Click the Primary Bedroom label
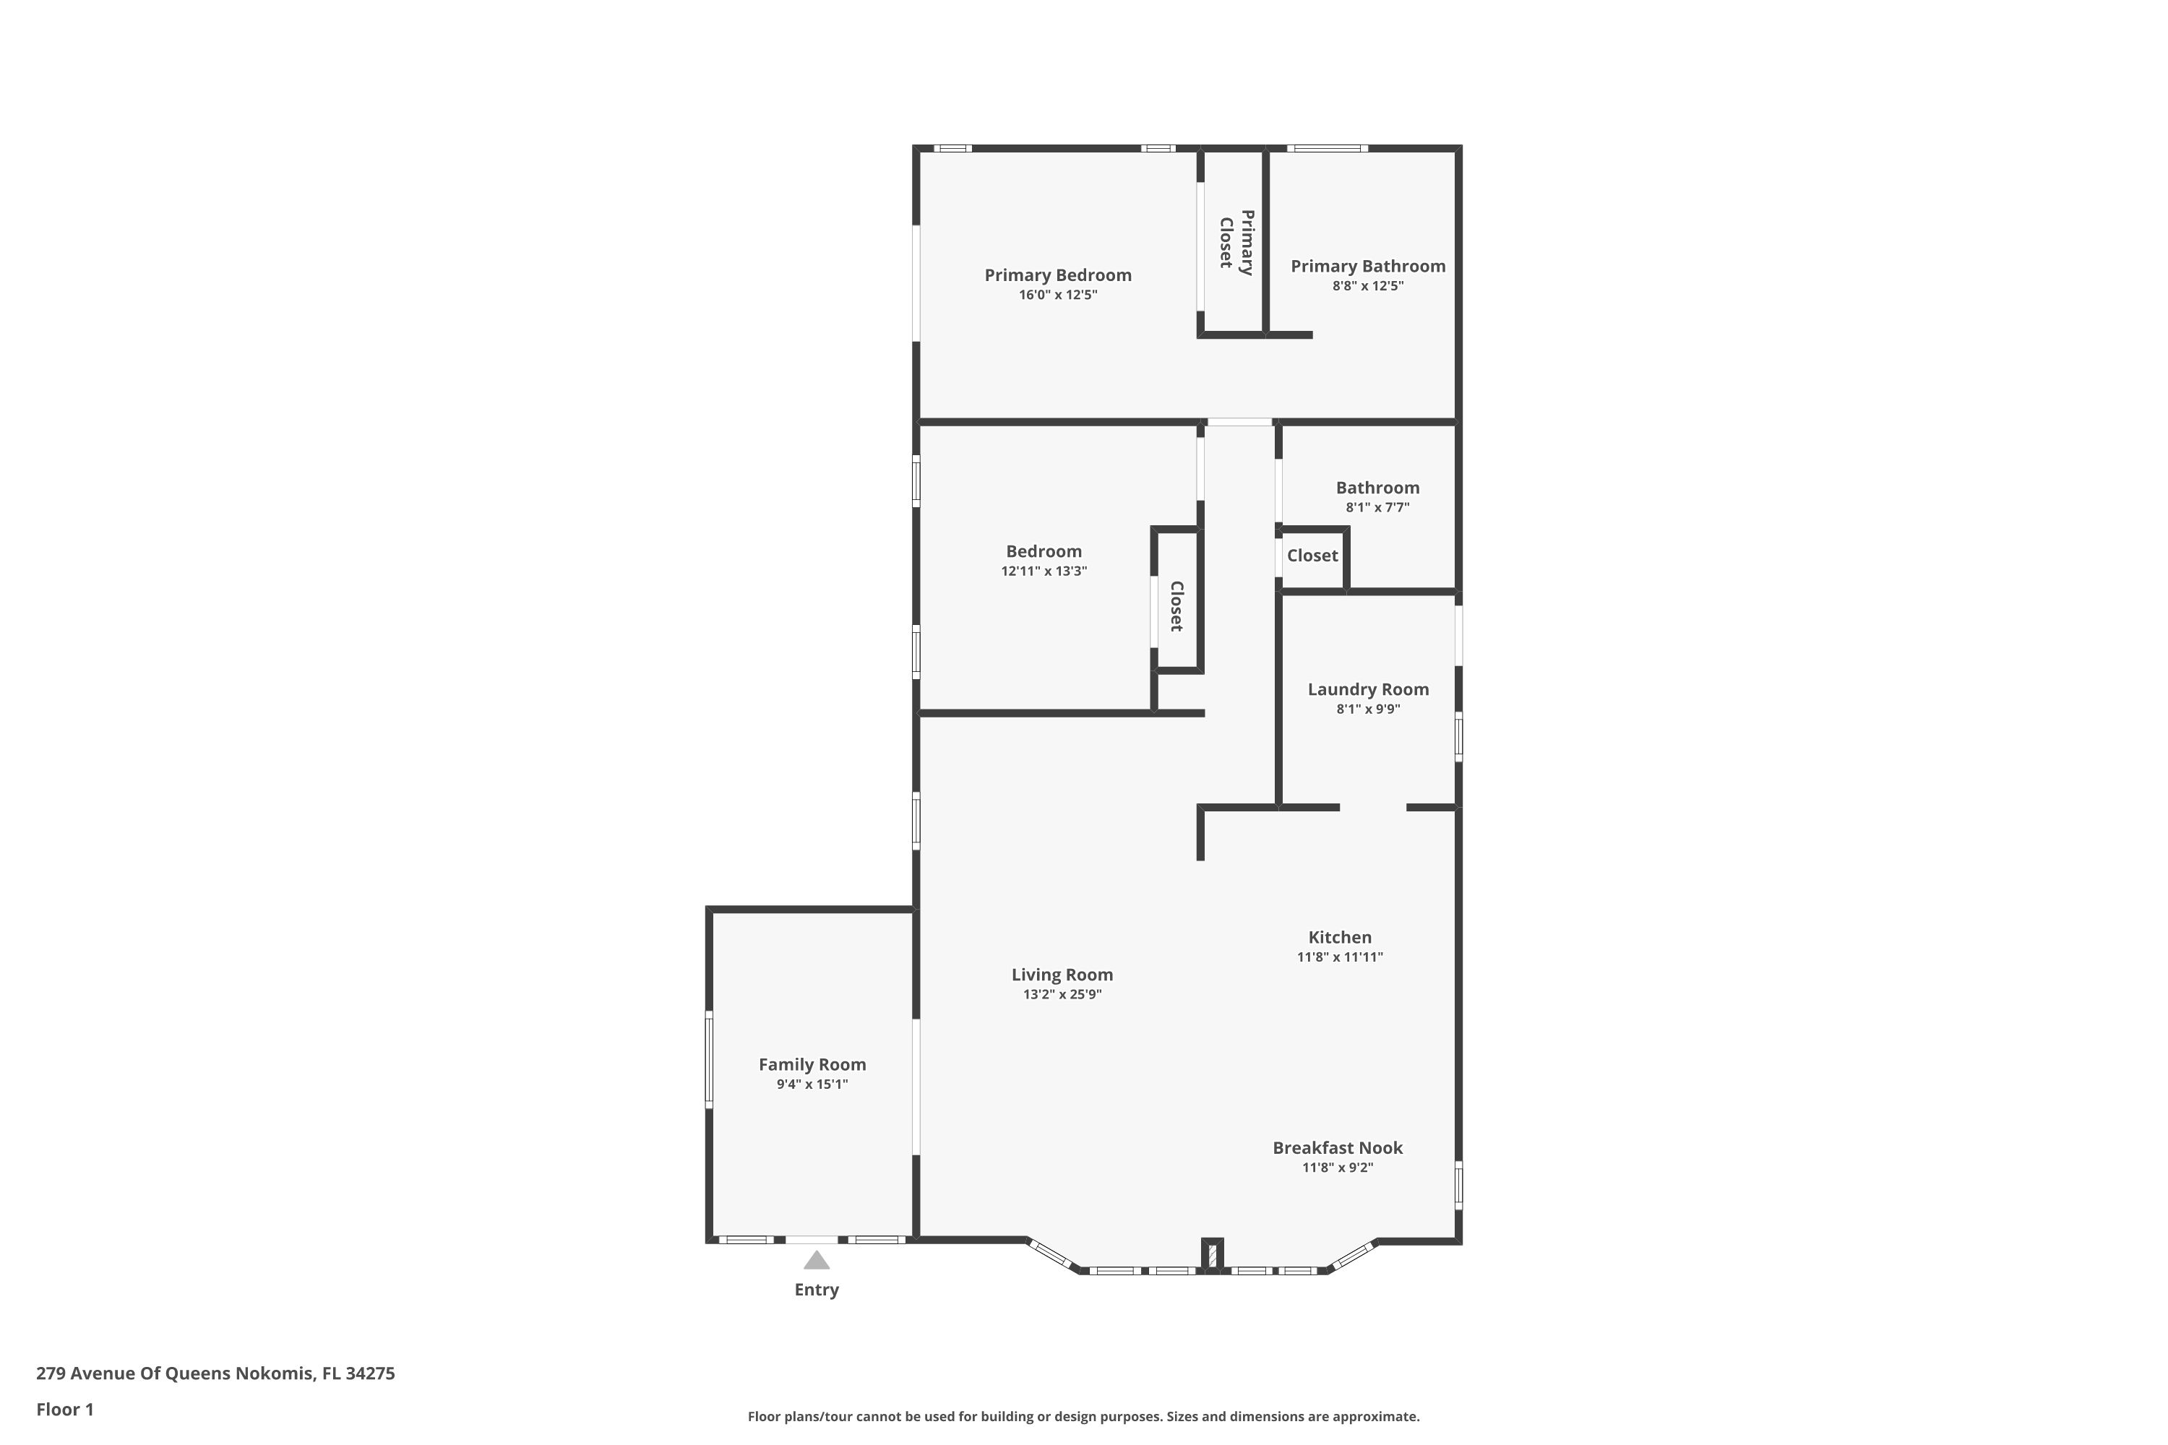tap(1057, 275)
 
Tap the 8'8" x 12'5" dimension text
tap(1368, 285)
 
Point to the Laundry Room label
tap(1368, 689)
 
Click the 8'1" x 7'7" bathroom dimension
tap(1377, 508)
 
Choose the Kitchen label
tap(1339, 937)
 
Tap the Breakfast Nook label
tap(1338, 1147)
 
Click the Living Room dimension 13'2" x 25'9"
tap(1062, 994)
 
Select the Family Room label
tap(812, 1064)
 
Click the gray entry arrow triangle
tap(816, 1261)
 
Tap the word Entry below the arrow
tap(817, 1290)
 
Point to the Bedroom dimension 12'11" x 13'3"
tap(1044, 571)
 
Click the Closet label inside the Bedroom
tap(1177, 605)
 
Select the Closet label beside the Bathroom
tap(1312, 556)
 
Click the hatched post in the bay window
tap(1212, 1254)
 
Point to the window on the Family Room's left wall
tap(709, 1059)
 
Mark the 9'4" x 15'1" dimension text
tap(812, 1084)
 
